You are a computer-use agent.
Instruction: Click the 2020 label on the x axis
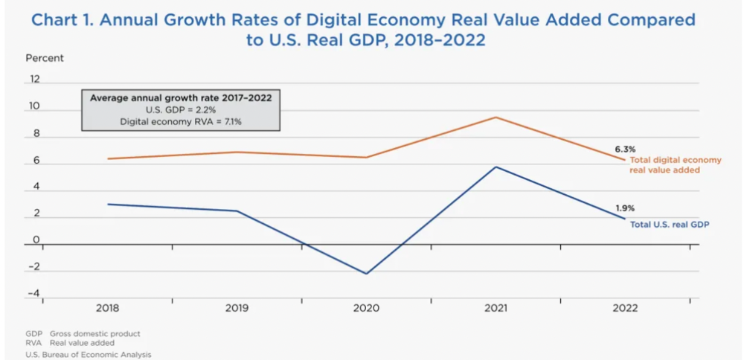click(x=367, y=308)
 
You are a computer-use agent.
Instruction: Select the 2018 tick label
click(x=108, y=308)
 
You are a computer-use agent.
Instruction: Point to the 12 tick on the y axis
click(x=34, y=79)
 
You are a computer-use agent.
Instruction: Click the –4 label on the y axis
click(x=33, y=293)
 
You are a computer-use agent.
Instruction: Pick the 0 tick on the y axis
click(x=36, y=240)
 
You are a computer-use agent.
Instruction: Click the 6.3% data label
click(x=625, y=149)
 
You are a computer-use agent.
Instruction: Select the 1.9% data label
click(x=625, y=208)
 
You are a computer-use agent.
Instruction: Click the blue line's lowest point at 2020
click(x=367, y=274)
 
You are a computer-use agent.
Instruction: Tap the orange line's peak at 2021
click(x=496, y=117)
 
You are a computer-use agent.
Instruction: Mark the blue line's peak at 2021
click(x=496, y=167)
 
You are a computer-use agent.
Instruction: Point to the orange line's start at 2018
click(x=108, y=158)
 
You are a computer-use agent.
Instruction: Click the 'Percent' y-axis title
click(x=45, y=58)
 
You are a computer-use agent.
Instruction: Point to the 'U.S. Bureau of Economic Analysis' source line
click(x=88, y=355)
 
